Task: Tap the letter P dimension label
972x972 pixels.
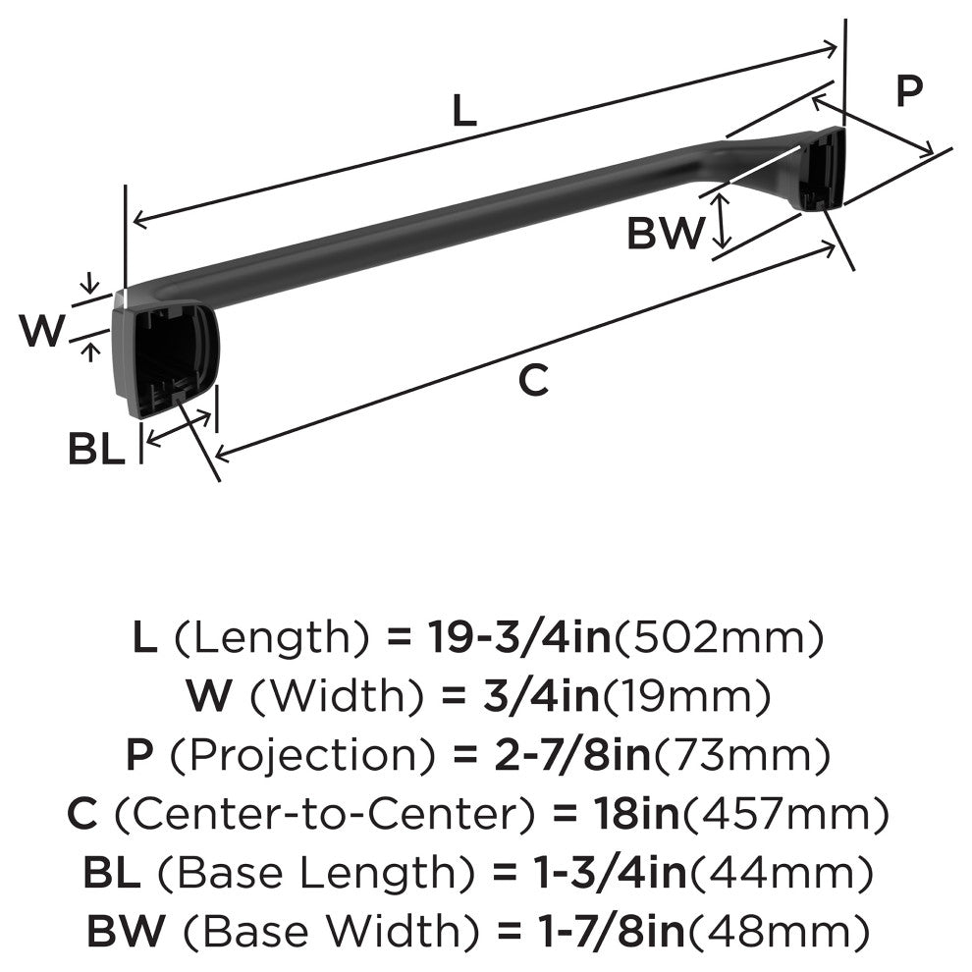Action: pos(909,91)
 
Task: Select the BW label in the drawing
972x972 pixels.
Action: pos(666,234)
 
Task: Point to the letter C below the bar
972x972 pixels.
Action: pos(532,380)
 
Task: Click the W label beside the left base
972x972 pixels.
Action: pos(42,332)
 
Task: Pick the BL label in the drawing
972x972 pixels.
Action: pos(96,450)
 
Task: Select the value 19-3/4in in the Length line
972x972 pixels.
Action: pos(519,640)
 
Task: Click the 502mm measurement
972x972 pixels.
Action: pos(717,640)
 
